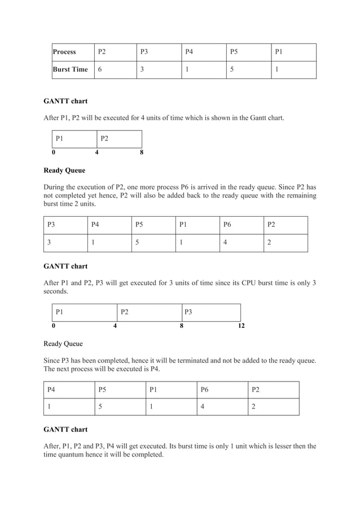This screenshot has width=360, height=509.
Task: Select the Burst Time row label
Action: click(70, 69)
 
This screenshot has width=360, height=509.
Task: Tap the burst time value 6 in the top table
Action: click(100, 69)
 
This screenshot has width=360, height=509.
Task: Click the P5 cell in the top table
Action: click(234, 52)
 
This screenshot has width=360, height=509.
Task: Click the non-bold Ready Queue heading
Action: click(63, 343)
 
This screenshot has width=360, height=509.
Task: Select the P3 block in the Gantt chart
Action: click(188, 311)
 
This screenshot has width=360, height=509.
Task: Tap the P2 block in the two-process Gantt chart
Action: click(104, 138)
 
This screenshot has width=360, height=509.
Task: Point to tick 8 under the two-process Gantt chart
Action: click(141, 152)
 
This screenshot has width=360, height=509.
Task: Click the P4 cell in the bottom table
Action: click(51, 389)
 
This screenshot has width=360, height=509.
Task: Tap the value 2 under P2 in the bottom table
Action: click(253, 407)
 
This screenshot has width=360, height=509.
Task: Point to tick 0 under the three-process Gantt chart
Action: click(54, 326)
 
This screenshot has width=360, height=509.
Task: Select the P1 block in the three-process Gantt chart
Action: click(59, 311)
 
